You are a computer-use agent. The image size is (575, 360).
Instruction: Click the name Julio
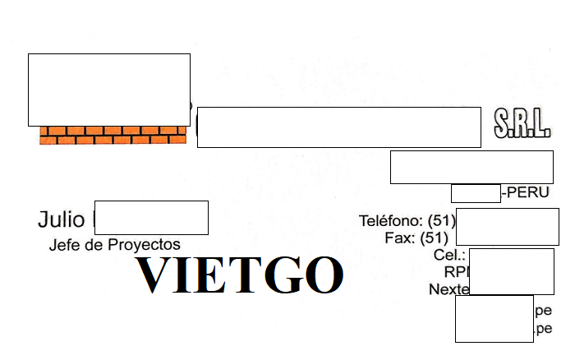click(61, 219)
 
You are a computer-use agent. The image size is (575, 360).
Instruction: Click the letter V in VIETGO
click(155, 275)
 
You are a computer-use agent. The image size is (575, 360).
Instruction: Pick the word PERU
click(528, 193)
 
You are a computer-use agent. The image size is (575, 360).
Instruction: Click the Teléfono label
click(391, 221)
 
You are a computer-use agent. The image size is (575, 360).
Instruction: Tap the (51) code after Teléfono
click(437, 221)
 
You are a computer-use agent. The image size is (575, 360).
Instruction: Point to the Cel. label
click(450, 255)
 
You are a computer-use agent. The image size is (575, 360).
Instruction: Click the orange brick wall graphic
click(113, 136)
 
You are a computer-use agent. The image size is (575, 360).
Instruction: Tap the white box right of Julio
click(151, 218)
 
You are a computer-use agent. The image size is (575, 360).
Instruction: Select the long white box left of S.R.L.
click(338, 127)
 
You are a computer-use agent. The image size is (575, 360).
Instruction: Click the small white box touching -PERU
click(476, 194)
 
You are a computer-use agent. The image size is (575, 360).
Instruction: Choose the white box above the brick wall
click(108, 90)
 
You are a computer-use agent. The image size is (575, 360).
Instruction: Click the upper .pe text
click(543, 311)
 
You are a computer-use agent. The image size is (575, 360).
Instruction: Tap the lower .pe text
click(543, 329)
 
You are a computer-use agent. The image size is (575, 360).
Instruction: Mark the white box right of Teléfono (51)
click(507, 226)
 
